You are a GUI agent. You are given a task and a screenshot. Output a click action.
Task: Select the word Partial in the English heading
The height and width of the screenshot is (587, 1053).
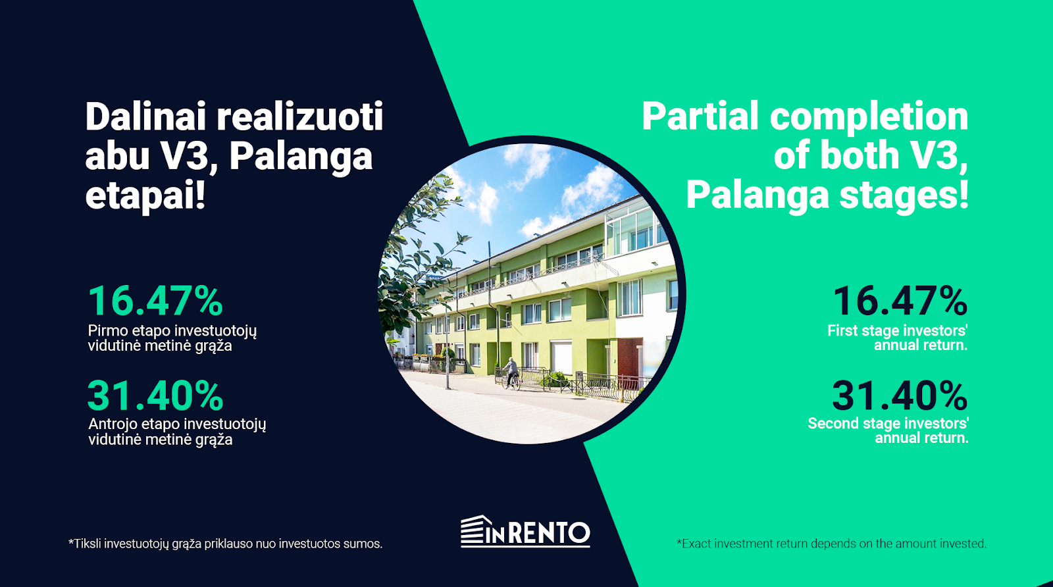point(700,116)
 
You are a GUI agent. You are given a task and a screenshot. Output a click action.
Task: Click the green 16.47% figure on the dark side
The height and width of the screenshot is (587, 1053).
point(155,301)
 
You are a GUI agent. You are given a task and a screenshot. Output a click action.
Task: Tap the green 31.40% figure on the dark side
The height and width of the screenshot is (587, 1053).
point(155,396)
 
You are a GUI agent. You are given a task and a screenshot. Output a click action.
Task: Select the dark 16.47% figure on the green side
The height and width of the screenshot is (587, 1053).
point(900,301)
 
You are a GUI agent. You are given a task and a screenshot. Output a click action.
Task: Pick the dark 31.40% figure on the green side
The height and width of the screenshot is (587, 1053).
point(900,396)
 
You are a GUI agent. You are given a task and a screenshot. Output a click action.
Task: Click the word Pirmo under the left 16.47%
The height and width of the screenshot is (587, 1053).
point(107,330)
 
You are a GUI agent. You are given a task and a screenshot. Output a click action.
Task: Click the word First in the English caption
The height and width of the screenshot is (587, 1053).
point(843,330)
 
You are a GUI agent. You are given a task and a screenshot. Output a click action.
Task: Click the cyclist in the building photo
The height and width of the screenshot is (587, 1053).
point(511,373)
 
